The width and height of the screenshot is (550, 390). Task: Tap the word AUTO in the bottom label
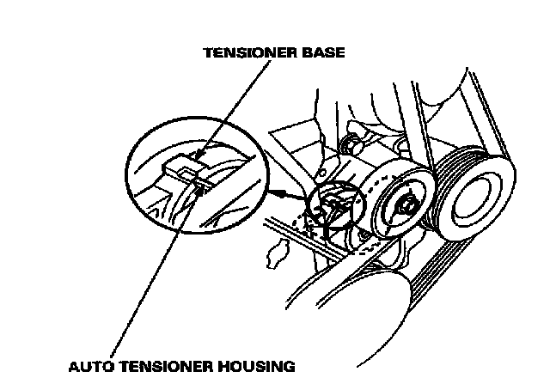93,366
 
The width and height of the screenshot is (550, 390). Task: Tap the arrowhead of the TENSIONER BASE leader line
197,157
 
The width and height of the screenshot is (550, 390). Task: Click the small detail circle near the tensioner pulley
339,209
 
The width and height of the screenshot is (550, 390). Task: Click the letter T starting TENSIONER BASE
207,52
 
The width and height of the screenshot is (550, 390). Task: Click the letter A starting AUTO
74,366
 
